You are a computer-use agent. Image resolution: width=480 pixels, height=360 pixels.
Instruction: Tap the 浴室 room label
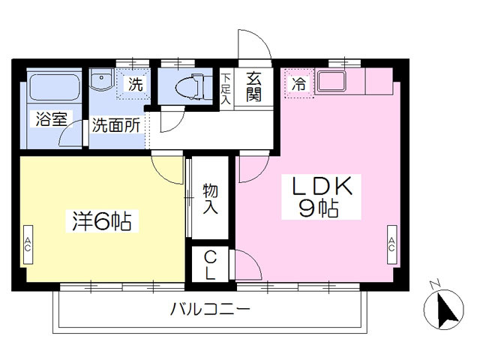click(x=51, y=119)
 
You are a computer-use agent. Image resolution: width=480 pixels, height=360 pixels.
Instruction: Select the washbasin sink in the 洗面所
click(x=102, y=79)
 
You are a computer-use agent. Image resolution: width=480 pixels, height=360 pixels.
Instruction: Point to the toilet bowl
click(x=190, y=86)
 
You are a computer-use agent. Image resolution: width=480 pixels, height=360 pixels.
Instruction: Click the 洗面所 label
click(x=116, y=125)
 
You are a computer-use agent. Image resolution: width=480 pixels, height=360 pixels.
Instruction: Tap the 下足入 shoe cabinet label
click(x=226, y=88)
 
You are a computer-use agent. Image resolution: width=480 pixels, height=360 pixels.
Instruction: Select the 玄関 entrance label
click(x=254, y=86)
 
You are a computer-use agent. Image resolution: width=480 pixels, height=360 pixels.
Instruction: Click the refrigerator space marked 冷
click(x=298, y=83)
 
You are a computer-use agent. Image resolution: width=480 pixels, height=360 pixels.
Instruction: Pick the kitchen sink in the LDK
click(x=331, y=81)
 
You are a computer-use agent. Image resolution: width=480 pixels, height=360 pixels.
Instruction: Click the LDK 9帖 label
click(x=321, y=196)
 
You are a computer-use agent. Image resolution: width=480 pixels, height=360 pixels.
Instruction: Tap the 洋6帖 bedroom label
click(x=102, y=221)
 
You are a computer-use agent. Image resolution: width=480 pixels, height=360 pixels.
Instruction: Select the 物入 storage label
click(x=211, y=198)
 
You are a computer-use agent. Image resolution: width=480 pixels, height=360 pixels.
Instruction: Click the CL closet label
click(x=210, y=265)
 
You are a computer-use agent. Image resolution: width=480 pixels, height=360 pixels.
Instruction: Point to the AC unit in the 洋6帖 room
click(x=28, y=244)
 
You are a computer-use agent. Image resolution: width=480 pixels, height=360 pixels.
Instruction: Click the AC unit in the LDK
click(x=391, y=244)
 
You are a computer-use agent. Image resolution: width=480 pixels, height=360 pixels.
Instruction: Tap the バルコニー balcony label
click(x=210, y=309)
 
